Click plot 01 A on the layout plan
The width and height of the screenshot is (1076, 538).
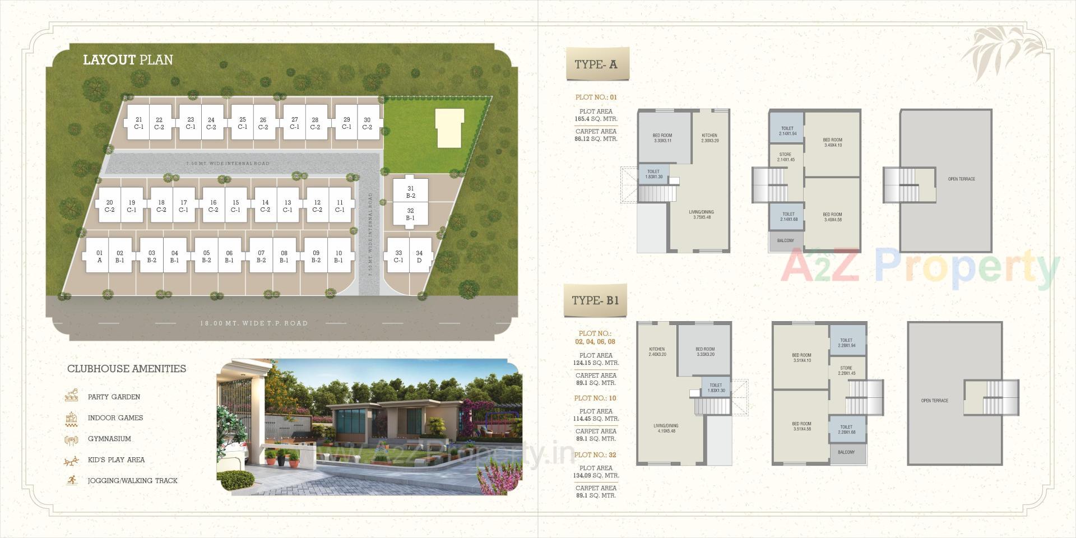click(x=99, y=256)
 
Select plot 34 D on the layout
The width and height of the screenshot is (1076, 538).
click(x=419, y=256)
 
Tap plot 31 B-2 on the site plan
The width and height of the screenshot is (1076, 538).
click(x=411, y=192)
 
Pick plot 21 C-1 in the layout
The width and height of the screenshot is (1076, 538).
click(x=139, y=123)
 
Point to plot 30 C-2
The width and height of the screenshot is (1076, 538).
click(x=367, y=123)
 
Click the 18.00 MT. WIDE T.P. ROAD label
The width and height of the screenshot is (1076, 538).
click(x=254, y=323)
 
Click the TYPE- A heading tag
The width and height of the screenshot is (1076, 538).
click(x=596, y=64)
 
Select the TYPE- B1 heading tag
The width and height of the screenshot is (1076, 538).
click(x=595, y=301)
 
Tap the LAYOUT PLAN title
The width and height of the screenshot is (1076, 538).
click(x=128, y=60)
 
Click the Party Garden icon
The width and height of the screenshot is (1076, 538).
click(x=71, y=396)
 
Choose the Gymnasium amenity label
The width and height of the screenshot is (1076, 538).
click(x=109, y=439)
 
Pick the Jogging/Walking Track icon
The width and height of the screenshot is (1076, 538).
click(x=71, y=480)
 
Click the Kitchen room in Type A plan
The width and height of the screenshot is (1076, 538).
click(x=709, y=138)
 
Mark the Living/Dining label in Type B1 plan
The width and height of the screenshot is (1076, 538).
click(x=666, y=428)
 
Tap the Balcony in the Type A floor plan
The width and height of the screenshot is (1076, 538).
click(x=785, y=240)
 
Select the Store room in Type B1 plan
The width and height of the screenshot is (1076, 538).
click(x=846, y=370)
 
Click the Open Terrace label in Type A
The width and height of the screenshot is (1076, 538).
click(x=961, y=179)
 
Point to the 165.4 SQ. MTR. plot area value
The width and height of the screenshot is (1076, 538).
click(x=596, y=119)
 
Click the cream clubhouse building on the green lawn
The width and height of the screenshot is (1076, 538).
click(x=449, y=128)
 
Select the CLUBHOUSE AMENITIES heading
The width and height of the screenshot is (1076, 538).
click(x=127, y=369)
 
